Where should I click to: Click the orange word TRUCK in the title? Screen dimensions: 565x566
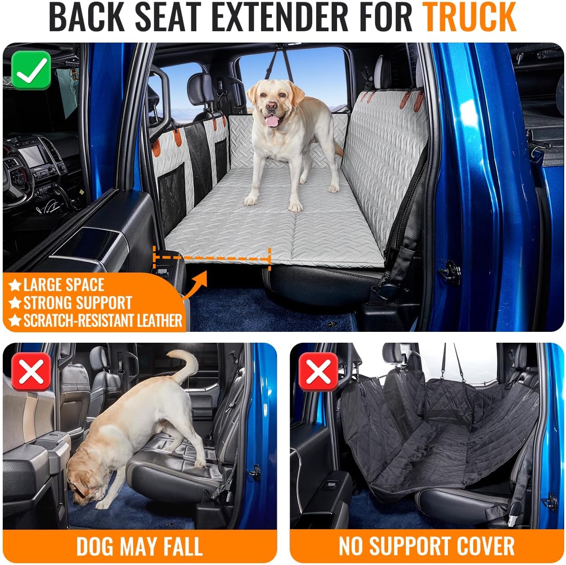(x=469, y=17)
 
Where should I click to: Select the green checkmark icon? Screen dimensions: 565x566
(x=31, y=70)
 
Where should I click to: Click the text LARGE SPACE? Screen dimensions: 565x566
(x=63, y=285)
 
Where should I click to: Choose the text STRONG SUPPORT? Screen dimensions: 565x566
(x=77, y=303)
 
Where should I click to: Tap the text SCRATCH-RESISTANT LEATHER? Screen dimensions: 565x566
(x=102, y=321)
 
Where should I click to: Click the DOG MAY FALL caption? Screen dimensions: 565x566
(x=139, y=546)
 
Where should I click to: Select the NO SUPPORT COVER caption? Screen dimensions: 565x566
(x=426, y=546)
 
